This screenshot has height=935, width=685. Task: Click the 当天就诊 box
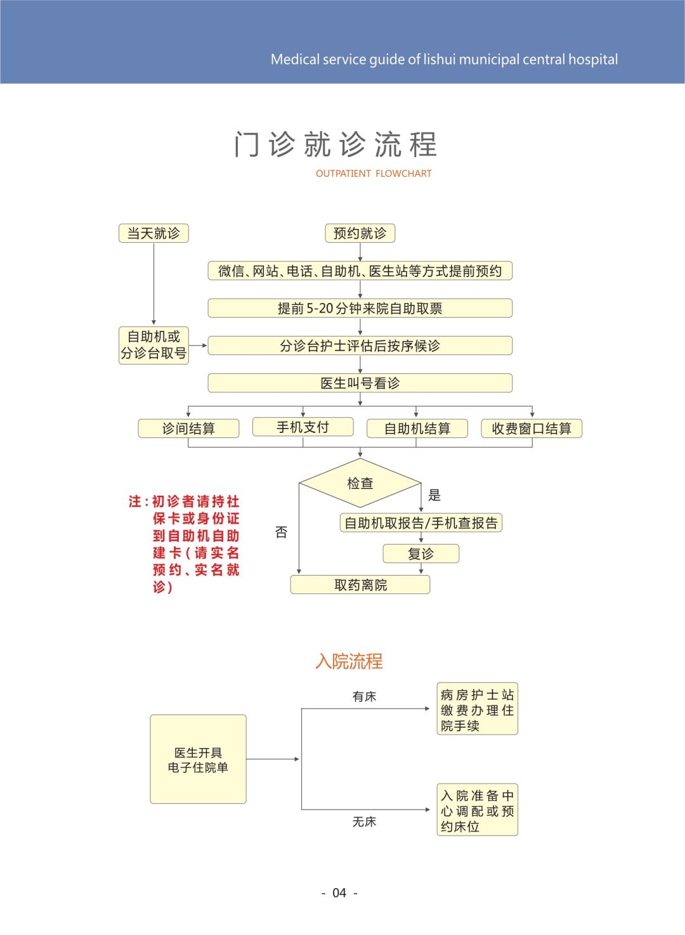153,233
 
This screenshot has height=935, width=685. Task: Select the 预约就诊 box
360,233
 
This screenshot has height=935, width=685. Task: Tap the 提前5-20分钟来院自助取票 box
360,308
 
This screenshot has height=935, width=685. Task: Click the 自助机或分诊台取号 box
153,345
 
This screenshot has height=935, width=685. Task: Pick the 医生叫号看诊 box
360,383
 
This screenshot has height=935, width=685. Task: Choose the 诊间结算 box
188,429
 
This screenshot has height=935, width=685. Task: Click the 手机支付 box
303,427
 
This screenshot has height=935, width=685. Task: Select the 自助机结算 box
417,429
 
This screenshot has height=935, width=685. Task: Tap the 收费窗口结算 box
532,429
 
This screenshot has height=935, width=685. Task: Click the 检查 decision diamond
360,483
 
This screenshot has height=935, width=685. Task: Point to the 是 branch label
434,495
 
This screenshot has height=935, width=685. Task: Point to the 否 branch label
282,532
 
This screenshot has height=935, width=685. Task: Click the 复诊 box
421,553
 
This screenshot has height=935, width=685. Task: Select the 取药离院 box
360,584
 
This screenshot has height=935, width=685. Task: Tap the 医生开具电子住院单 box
198,759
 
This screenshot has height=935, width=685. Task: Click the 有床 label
364,696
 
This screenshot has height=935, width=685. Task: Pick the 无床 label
364,822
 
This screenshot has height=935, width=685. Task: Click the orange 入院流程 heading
349,661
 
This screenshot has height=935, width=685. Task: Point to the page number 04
339,893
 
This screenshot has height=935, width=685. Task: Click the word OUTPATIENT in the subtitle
343,173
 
